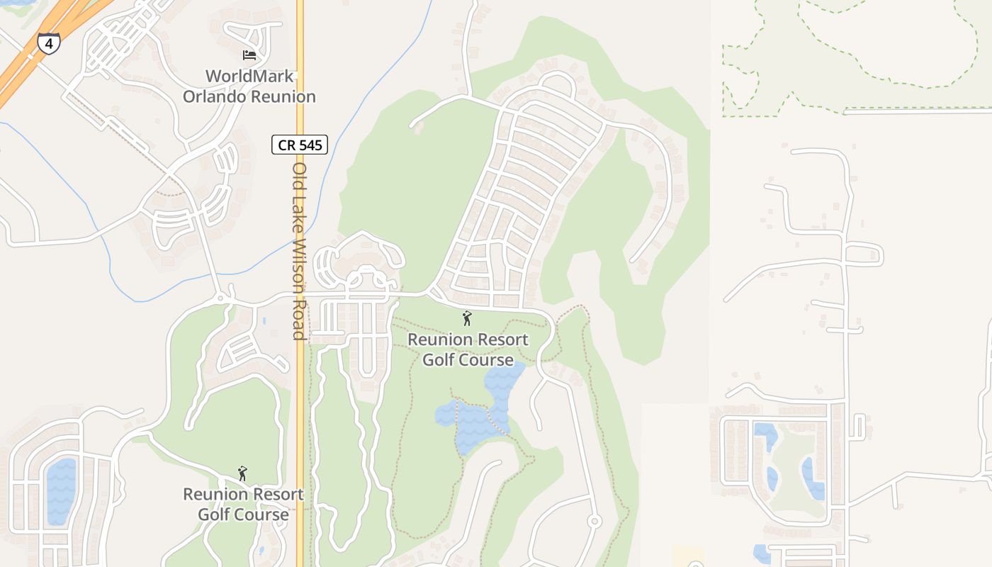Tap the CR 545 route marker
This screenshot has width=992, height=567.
click(x=300, y=145)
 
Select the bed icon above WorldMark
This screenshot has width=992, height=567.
click(x=249, y=55)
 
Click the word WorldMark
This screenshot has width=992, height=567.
click(x=249, y=76)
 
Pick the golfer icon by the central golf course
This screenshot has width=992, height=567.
click(x=466, y=319)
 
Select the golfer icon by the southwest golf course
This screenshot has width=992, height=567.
click(x=242, y=473)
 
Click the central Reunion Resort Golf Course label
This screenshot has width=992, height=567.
click(x=468, y=349)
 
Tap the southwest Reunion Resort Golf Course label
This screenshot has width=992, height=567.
click(x=243, y=504)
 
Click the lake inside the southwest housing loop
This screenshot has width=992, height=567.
click(x=61, y=490)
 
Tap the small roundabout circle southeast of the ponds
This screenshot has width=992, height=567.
click(x=594, y=522)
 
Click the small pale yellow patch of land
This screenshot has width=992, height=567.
click(x=687, y=556)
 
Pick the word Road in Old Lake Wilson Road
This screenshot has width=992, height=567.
click(x=300, y=318)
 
